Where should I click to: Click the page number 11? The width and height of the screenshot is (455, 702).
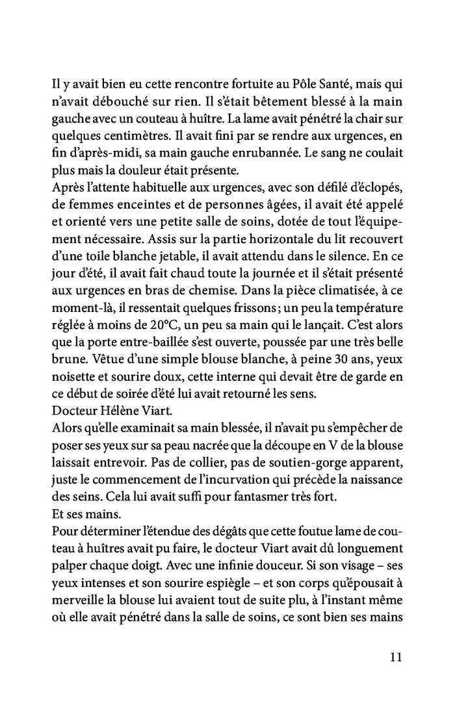[395, 656]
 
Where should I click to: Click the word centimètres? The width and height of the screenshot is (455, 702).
[133, 138]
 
